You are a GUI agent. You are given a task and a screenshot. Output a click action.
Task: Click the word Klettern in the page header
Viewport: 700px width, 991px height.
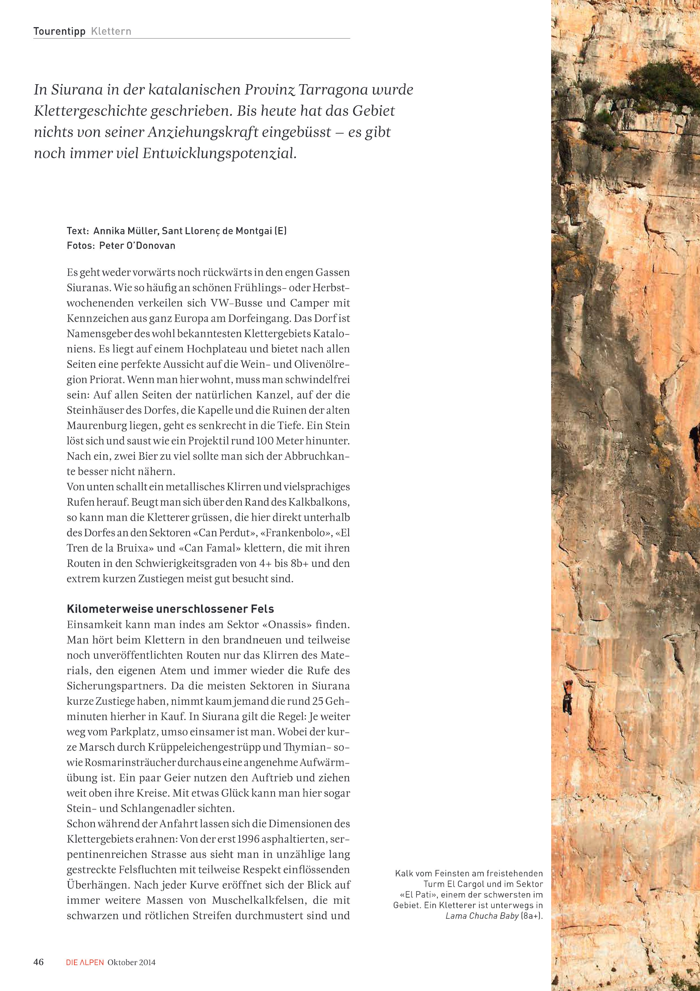coord(111,32)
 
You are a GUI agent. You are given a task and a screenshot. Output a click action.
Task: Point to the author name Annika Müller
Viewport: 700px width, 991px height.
coord(125,231)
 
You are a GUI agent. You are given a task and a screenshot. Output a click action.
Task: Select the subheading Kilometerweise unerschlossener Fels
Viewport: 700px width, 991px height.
coord(170,609)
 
